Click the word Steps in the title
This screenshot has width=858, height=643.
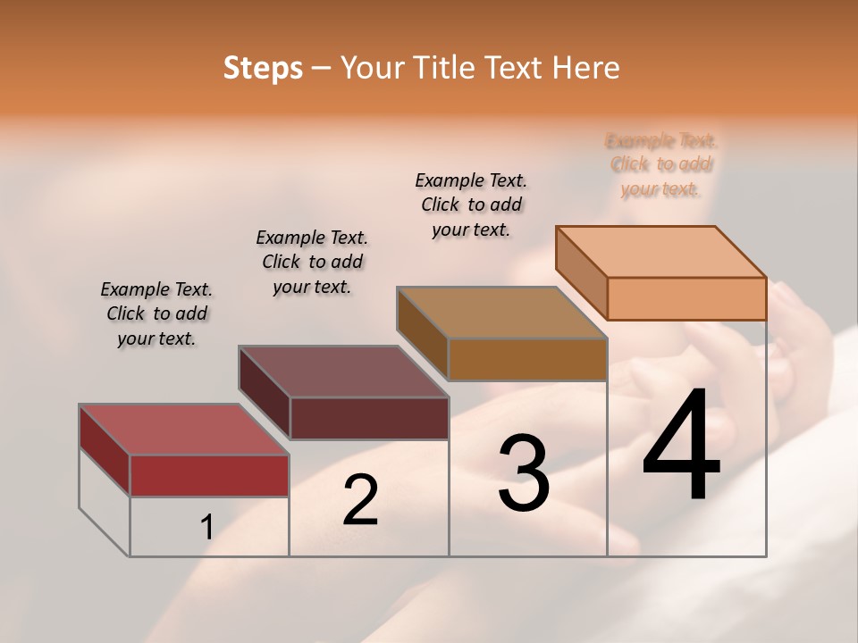click(x=263, y=68)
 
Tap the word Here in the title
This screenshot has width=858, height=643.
click(x=586, y=68)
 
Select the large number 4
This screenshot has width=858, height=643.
click(x=682, y=447)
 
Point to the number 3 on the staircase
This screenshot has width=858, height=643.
click(x=524, y=472)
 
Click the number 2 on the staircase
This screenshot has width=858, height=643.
click(x=360, y=500)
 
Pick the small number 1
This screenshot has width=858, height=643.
click(x=206, y=528)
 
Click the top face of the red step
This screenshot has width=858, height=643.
click(x=183, y=430)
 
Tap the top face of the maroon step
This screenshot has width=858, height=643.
click(x=343, y=372)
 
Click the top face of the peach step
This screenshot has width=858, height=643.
click(x=661, y=252)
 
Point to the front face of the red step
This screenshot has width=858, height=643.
click(x=209, y=475)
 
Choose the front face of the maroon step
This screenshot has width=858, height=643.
click(x=369, y=418)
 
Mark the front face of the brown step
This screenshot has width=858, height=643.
click(x=527, y=359)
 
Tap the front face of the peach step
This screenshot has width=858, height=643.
click(x=686, y=298)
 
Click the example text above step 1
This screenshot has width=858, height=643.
click(x=156, y=313)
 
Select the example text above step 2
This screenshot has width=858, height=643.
click(x=312, y=262)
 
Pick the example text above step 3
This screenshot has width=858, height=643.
click(x=471, y=205)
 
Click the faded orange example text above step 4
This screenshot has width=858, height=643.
click(x=660, y=164)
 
